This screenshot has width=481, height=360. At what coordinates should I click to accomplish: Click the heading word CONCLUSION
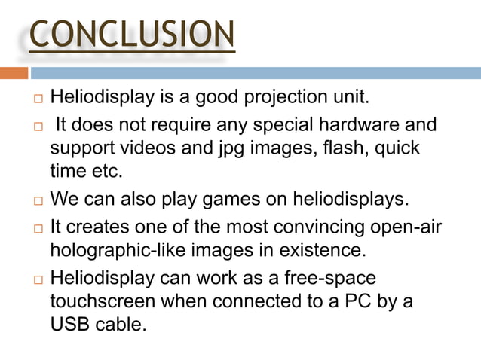coord(132,35)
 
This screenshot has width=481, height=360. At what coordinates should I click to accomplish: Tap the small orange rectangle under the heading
coord(14,73)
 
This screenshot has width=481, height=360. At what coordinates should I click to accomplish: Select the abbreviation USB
coord(69,325)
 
